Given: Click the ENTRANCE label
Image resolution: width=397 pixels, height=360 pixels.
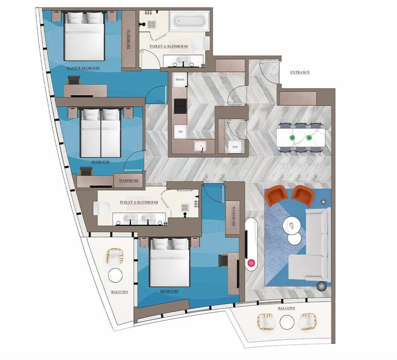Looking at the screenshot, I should click(x=300, y=72).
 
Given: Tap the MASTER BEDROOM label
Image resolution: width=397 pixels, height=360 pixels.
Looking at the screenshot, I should click(x=83, y=68).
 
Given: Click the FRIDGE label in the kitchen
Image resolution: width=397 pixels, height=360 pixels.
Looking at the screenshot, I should click(x=180, y=79).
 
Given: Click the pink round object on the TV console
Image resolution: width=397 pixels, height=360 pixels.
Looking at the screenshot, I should click(x=251, y=262).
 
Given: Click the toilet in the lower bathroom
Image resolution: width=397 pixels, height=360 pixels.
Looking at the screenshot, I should click(x=101, y=208).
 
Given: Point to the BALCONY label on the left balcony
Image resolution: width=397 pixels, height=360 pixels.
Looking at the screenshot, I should click(x=120, y=292).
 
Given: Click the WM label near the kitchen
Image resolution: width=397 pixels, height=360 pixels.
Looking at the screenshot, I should click(x=235, y=147).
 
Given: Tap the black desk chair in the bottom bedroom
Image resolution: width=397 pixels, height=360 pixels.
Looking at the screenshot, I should click(x=223, y=259).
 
